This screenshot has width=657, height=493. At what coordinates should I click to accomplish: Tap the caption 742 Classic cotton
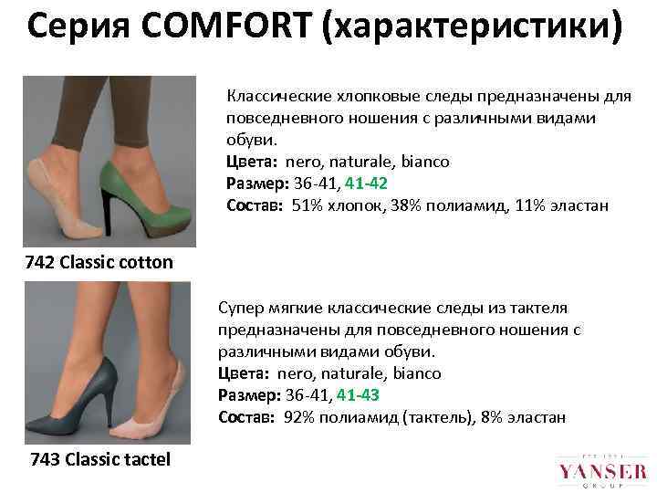99,263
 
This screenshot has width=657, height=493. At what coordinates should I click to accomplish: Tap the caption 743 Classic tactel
100,458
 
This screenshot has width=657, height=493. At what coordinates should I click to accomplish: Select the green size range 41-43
358,394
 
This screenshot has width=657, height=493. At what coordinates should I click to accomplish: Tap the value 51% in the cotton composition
308,205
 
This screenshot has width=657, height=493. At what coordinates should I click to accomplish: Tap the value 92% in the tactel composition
299,416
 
